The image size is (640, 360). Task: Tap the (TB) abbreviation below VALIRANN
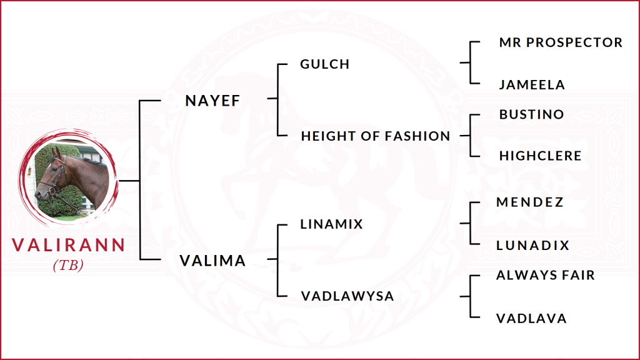click(68, 265)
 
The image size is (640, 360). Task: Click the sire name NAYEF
click(212, 101)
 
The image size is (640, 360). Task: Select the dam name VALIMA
click(212, 261)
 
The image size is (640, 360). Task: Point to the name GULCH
click(325, 64)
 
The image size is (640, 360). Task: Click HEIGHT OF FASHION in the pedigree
click(376, 136)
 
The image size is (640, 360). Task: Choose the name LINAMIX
click(332, 224)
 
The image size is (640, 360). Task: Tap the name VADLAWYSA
click(347, 296)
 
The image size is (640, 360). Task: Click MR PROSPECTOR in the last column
click(561, 42)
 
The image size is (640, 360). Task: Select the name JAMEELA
click(532, 84)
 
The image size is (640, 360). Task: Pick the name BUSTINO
click(531, 114)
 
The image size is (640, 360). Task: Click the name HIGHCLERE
click(540, 156)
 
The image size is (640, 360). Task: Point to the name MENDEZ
click(530, 202)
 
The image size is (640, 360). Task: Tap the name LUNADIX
click(533, 246)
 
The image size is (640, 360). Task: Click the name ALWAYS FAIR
click(546, 275)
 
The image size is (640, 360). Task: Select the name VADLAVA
click(531, 318)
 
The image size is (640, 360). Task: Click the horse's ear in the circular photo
click(58, 152)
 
